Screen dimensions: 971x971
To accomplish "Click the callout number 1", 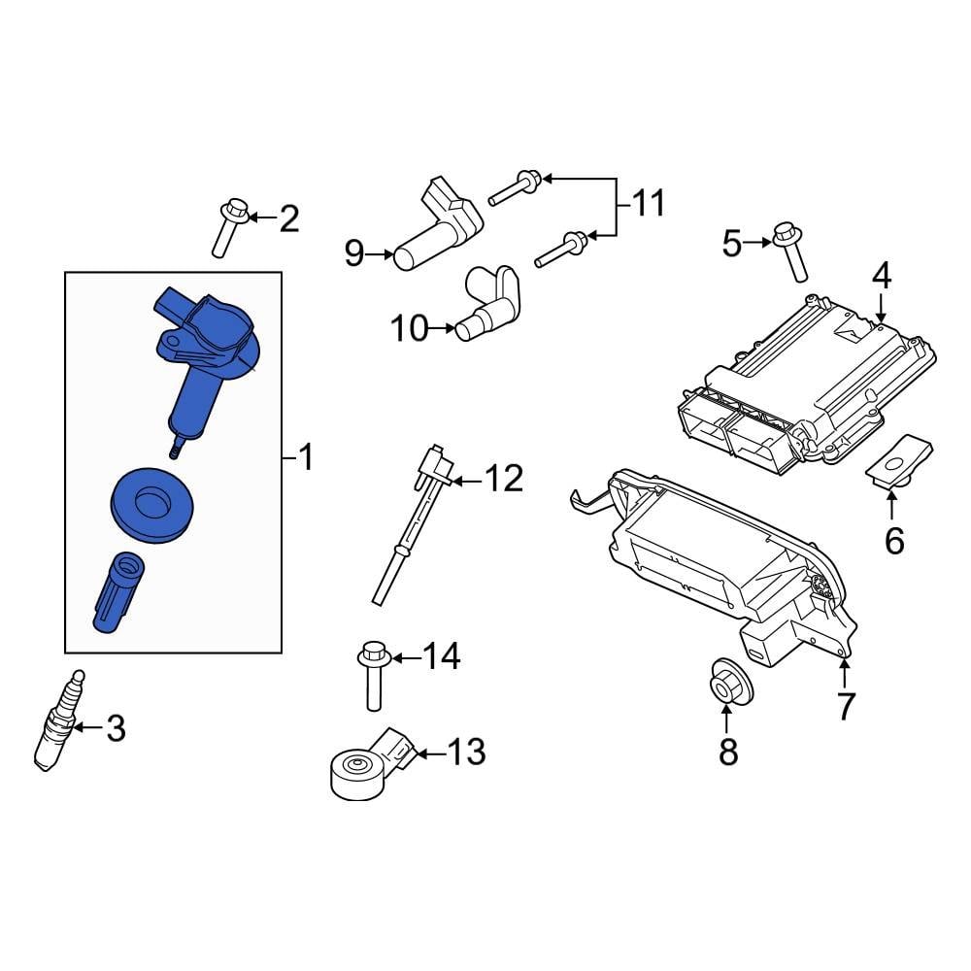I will (306, 456).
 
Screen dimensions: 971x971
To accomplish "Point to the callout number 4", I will (881, 278).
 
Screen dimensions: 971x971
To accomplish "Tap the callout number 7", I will (846, 706).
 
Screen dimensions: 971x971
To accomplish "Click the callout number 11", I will (647, 204).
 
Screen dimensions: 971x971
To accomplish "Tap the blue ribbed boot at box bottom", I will (118, 591).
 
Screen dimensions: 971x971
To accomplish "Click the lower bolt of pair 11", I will (560, 248).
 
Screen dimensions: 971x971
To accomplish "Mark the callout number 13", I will (466, 752).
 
